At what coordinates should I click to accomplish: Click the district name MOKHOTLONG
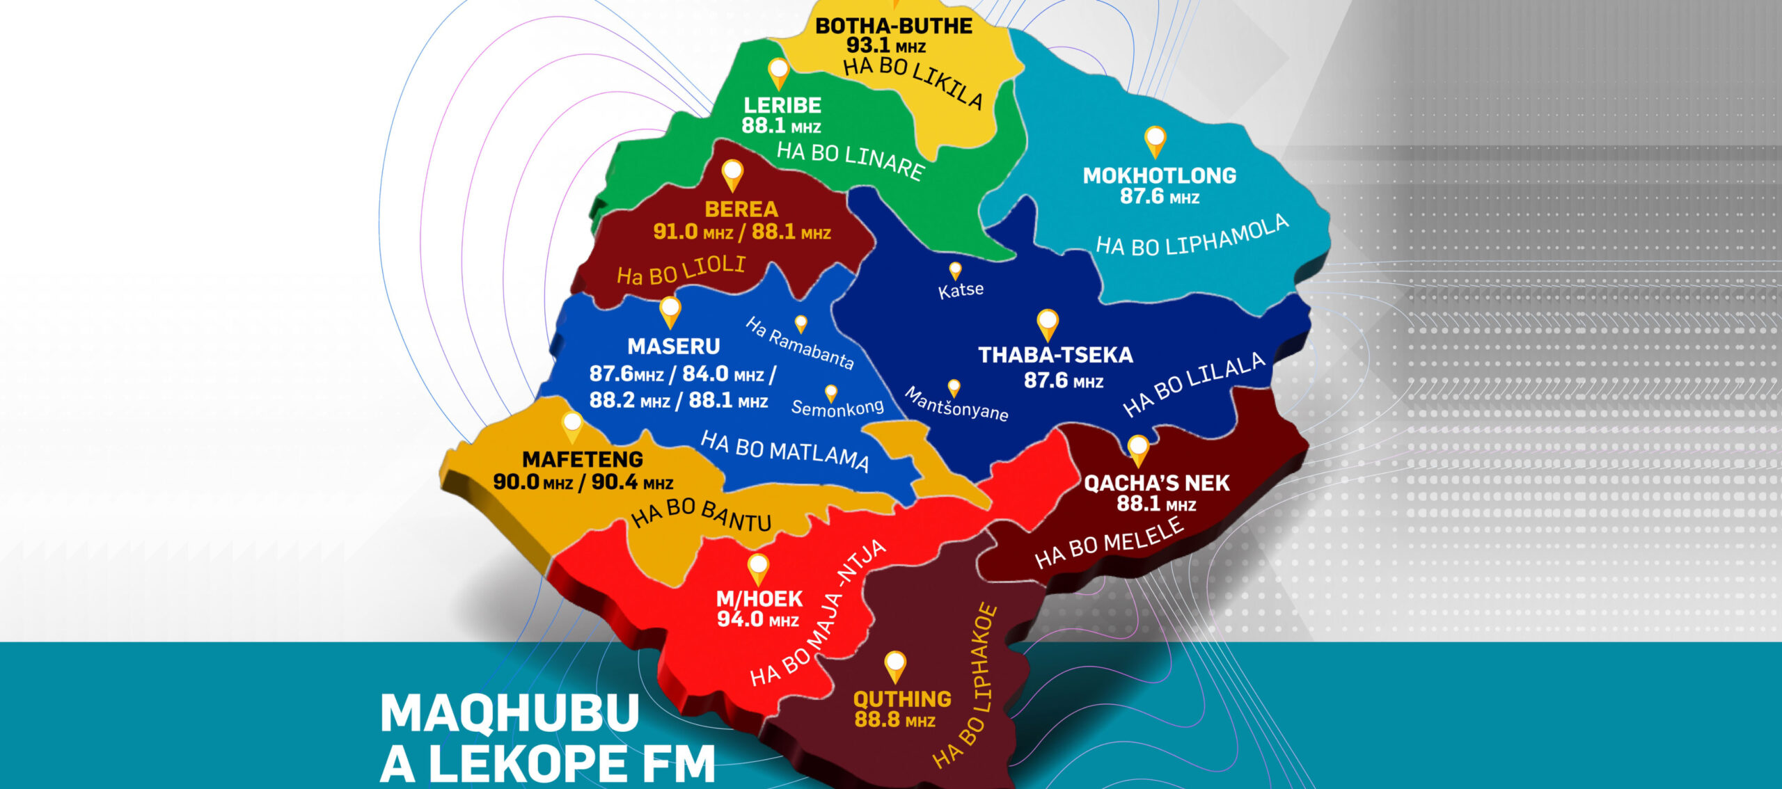1159,175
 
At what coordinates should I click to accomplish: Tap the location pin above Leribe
778,72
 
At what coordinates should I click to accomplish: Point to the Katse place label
961,289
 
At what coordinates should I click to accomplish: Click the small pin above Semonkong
830,392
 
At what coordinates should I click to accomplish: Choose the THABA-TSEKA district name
1055,356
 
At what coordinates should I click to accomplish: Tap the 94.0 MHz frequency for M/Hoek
757,619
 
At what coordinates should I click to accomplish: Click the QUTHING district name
902,699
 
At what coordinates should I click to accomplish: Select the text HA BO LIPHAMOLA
1192,237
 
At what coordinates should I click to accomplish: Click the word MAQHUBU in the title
510,712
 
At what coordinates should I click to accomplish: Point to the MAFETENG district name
583,459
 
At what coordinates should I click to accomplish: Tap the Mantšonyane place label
956,404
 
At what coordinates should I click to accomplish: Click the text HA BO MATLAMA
784,451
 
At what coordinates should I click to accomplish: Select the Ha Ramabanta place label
799,343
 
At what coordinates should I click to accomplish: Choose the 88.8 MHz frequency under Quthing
894,719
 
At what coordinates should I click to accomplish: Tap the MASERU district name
673,346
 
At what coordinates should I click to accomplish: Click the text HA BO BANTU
701,514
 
